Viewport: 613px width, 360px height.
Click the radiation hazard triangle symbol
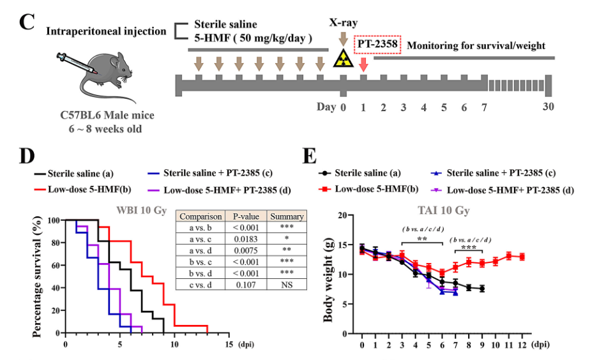pyautogui.click(x=344, y=59)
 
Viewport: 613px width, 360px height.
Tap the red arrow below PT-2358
pyautogui.click(x=363, y=64)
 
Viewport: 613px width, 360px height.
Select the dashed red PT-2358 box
pyautogui.click(x=377, y=44)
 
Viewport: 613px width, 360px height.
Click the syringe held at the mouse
pyautogui.click(x=76, y=63)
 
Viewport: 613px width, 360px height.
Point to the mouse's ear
pyautogui.click(x=114, y=62)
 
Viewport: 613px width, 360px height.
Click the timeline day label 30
pyautogui.click(x=548, y=107)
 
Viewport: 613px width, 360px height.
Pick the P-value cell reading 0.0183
pyautogui.click(x=245, y=239)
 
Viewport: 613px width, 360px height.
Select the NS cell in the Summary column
pyautogui.click(x=287, y=285)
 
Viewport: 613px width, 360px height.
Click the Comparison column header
pyautogui.click(x=201, y=216)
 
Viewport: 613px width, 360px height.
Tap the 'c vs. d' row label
pyautogui.click(x=201, y=285)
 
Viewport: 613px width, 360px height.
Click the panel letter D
pyautogui.click(x=27, y=156)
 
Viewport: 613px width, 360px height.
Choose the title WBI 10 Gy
pyautogui.click(x=142, y=210)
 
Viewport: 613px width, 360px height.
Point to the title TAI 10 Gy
pyautogui.click(x=444, y=211)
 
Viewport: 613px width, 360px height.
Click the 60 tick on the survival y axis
pyautogui.click(x=54, y=266)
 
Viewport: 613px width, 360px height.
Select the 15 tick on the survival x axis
pyautogui.click(x=229, y=345)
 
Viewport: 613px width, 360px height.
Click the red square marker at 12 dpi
pyautogui.click(x=522, y=257)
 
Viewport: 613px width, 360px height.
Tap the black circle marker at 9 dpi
pyautogui.click(x=482, y=289)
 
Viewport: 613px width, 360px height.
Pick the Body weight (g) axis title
pyautogui.click(x=328, y=282)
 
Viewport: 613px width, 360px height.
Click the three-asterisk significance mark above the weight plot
pyautogui.click(x=469, y=248)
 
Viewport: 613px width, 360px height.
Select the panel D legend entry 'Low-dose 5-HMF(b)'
pyautogui.click(x=82, y=190)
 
